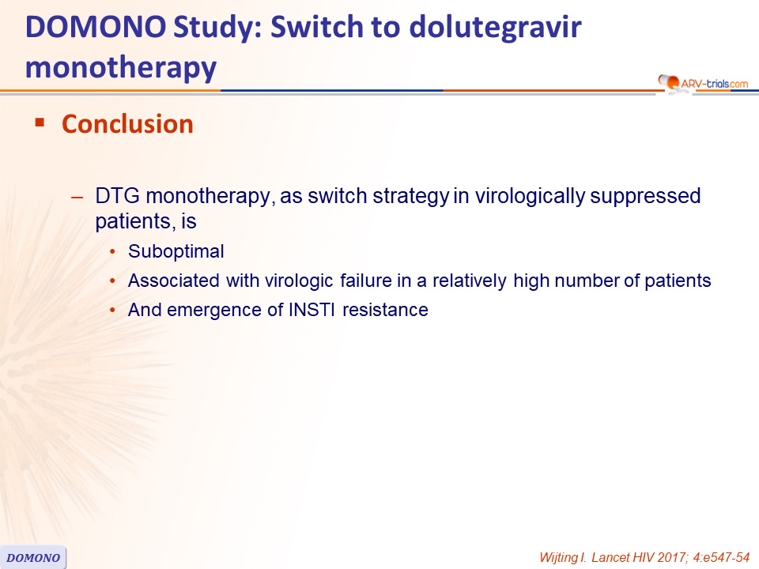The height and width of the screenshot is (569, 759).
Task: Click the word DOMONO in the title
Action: [96, 27]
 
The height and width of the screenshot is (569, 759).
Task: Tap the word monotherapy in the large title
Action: [121, 69]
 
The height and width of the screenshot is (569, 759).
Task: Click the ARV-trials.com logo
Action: [703, 83]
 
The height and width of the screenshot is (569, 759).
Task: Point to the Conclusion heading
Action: [127, 124]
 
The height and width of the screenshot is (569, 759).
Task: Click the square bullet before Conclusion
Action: [40, 122]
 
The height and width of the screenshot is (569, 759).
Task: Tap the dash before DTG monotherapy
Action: [77, 198]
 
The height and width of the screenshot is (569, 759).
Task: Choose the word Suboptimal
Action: [176, 251]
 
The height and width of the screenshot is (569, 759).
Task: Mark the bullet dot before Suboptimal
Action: [113, 252]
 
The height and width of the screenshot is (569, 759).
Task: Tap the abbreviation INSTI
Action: [312, 310]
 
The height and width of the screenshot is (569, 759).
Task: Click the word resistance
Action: [385, 310]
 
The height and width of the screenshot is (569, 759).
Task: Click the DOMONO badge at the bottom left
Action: [33, 557]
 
